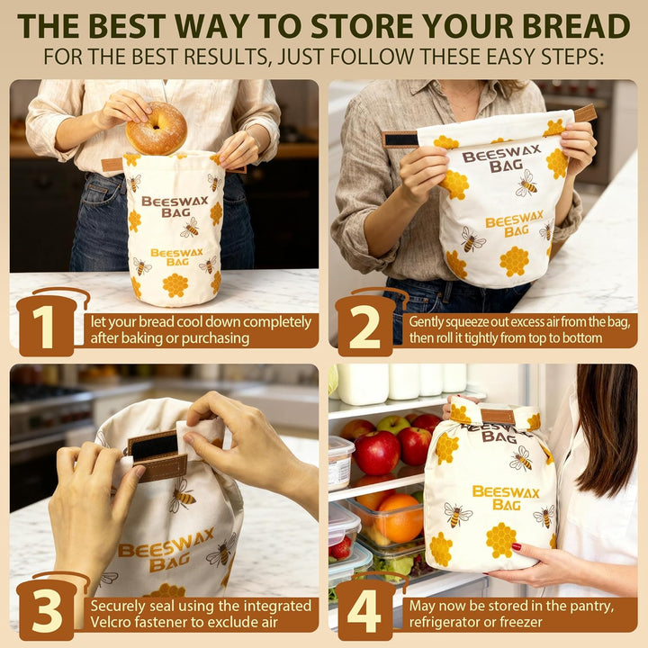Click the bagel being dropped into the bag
pyautogui.click(x=157, y=128)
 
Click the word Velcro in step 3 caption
pyautogui.click(x=110, y=622)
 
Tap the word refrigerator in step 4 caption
pyautogui.click(x=442, y=623)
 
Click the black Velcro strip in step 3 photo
pyautogui.click(x=153, y=447)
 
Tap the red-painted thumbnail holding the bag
pyautogui.click(x=517, y=547)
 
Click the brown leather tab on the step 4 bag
pyautogui.click(x=498, y=417)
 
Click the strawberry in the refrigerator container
pyautogui.click(x=340, y=548)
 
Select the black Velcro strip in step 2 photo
pyautogui.click(x=400, y=139)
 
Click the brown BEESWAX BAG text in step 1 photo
pyautogui.click(x=175, y=207)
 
